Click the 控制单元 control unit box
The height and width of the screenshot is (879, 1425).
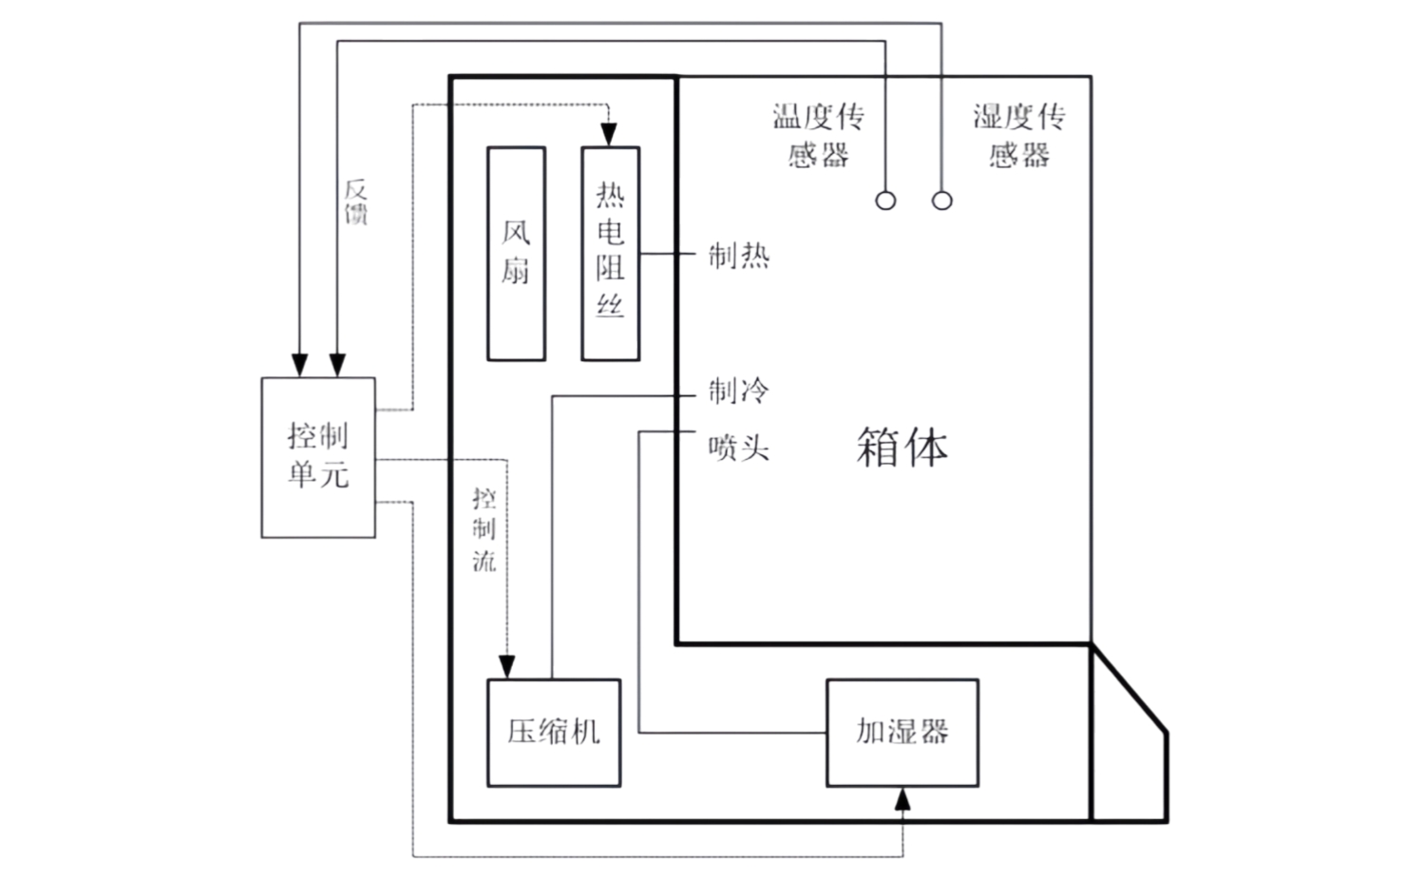tap(318, 457)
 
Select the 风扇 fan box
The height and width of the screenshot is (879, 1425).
tap(516, 254)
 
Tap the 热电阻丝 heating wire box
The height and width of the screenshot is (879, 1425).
tap(610, 254)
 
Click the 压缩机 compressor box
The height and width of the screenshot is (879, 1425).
tap(554, 732)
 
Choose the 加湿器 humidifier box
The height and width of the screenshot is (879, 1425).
tap(902, 732)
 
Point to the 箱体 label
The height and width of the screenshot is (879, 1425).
tap(902, 447)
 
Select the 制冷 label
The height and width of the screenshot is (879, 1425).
tap(738, 391)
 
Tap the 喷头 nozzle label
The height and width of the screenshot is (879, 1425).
tap(738, 448)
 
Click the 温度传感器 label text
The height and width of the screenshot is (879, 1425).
tap(818, 135)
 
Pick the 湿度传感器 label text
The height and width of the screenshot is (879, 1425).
tap(1019, 135)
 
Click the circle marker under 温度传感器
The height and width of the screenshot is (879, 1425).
tap(885, 201)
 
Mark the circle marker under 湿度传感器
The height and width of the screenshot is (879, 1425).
tap(941, 201)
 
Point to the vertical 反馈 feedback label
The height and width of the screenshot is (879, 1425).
tap(355, 201)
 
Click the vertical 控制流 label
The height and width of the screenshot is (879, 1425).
tap(484, 529)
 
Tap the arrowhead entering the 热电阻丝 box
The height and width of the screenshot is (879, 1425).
tap(610, 137)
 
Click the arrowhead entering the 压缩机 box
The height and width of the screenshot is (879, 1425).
tap(507, 667)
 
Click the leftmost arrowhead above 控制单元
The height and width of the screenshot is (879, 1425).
tap(299, 365)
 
